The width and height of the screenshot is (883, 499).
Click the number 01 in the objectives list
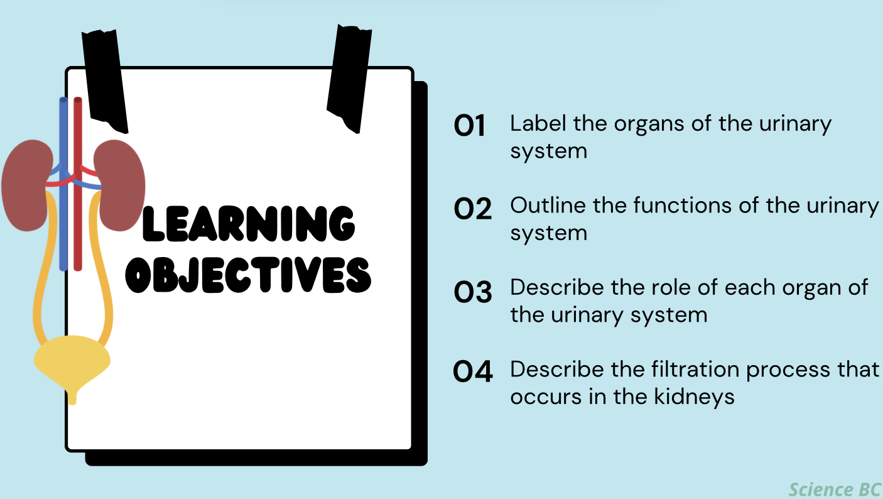pos(470,126)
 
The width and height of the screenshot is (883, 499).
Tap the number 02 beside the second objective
pos(472,209)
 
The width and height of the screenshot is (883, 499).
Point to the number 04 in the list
pos(473,373)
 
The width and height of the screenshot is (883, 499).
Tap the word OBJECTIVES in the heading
pos(248,275)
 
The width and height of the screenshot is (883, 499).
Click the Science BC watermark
pos(835,489)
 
